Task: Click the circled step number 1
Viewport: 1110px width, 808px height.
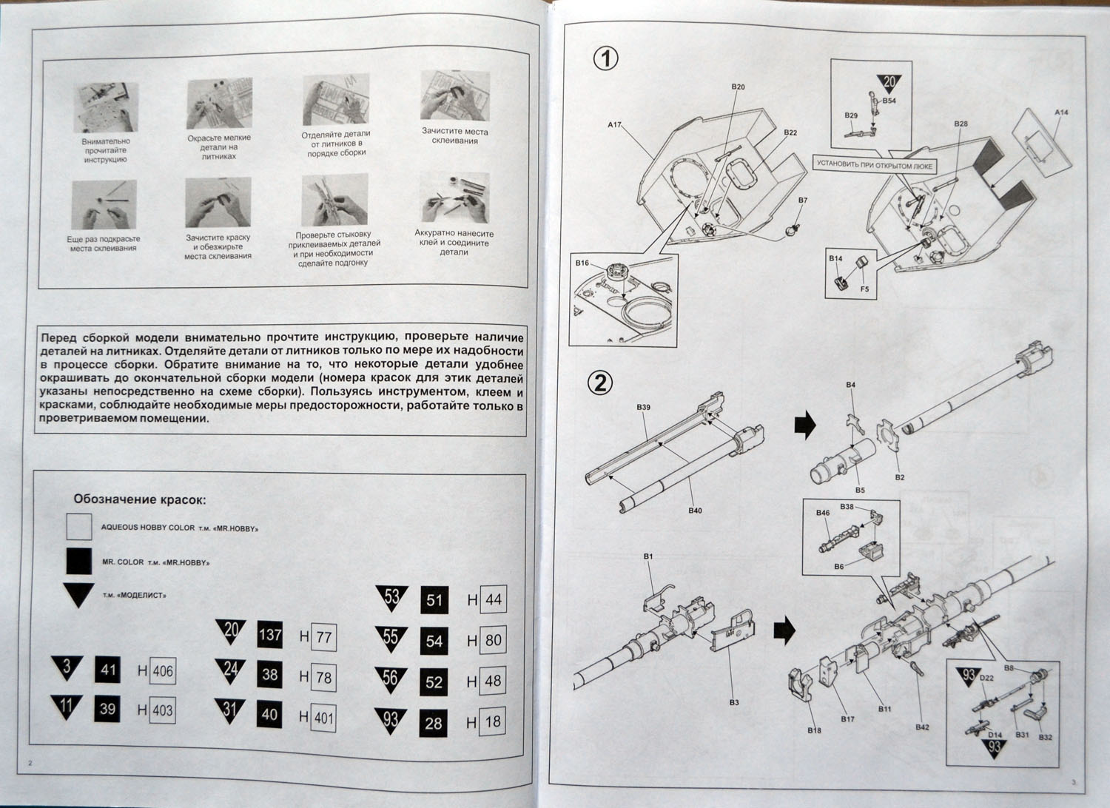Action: pyautogui.click(x=606, y=58)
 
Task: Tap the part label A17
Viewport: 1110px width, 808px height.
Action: pyautogui.click(x=614, y=125)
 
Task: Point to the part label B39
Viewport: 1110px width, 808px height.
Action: pyautogui.click(x=642, y=408)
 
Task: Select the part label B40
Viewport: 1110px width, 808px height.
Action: pyautogui.click(x=695, y=511)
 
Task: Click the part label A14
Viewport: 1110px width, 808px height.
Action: pyautogui.click(x=1061, y=112)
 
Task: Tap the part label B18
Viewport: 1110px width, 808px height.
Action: pyautogui.click(x=814, y=730)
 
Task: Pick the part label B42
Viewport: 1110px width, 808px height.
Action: pyautogui.click(x=921, y=727)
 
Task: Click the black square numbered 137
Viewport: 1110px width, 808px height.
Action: pyautogui.click(x=270, y=635)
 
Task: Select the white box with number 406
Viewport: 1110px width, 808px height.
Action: pyautogui.click(x=162, y=671)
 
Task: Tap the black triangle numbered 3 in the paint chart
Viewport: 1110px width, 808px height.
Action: pyautogui.click(x=67, y=667)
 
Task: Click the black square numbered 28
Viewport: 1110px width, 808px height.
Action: pyautogui.click(x=434, y=722)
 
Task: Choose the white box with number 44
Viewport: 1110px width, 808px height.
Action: pyautogui.click(x=493, y=599)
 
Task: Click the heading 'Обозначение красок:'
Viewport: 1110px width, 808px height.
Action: pyautogui.click(x=139, y=499)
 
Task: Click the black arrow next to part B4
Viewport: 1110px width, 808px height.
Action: pyautogui.click(x=804, y=425)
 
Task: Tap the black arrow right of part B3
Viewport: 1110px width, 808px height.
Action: pyautogui.click(x=784, y=630)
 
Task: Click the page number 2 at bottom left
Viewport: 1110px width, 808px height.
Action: pyautogui.click(x=30, y=763)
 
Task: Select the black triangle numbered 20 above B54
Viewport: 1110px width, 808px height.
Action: pyautogui.click(x=889, y=84)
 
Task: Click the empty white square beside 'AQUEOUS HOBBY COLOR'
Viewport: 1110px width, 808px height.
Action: pyautogui.click(x=78, y=527)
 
